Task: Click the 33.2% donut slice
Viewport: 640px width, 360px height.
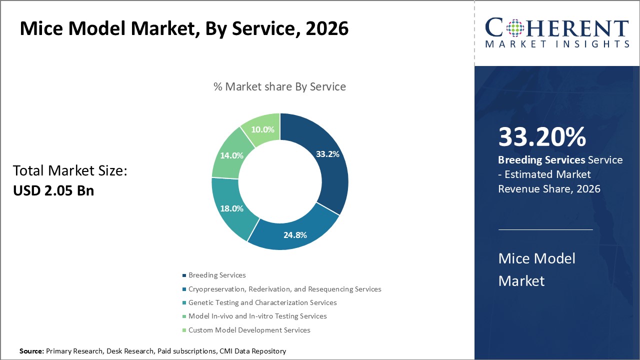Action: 327,154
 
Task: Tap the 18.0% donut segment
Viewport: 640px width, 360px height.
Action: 232,208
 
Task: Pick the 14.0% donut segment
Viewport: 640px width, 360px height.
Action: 231,155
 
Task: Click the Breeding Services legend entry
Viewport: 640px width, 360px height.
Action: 216,275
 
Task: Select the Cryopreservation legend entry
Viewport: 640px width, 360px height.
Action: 284,289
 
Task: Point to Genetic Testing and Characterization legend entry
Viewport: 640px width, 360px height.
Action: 262,302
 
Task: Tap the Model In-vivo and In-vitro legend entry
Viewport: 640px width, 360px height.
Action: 257,316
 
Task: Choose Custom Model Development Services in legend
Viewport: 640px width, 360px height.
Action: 249,330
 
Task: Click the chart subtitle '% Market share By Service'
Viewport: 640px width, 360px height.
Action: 279,86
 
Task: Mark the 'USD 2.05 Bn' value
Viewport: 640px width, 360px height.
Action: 53,190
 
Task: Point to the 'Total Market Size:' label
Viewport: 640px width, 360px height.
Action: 70,171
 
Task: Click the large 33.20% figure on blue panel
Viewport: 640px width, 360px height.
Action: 542,137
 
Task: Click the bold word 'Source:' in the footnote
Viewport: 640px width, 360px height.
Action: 32,351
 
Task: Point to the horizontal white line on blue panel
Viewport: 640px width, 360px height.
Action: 545,230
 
